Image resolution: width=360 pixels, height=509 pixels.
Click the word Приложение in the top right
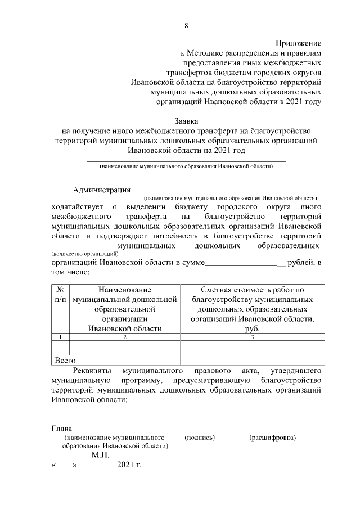[x=298, y=43]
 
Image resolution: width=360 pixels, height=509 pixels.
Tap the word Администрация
[x=101, y=190]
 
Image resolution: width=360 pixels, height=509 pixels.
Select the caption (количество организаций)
[x=85, y=254]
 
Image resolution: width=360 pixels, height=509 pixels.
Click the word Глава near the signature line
[x=61, y=430]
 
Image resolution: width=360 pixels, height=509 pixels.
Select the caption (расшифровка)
[x=273, y=436]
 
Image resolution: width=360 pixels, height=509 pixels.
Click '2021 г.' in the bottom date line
[x=129, y=466]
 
